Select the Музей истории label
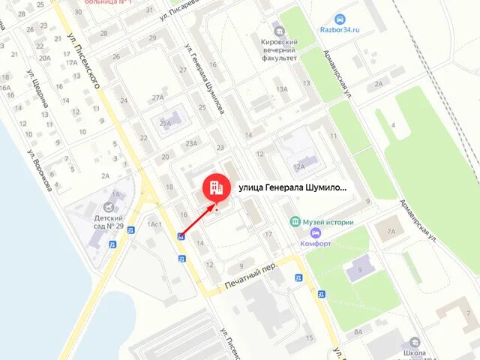pos(327,222)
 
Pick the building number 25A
pos(166,124)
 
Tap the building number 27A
pos(157,97)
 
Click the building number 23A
pos(192,143)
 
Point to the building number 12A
pos(299,166)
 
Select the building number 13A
pos(282,89)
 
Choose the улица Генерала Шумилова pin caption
pos(292,187)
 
